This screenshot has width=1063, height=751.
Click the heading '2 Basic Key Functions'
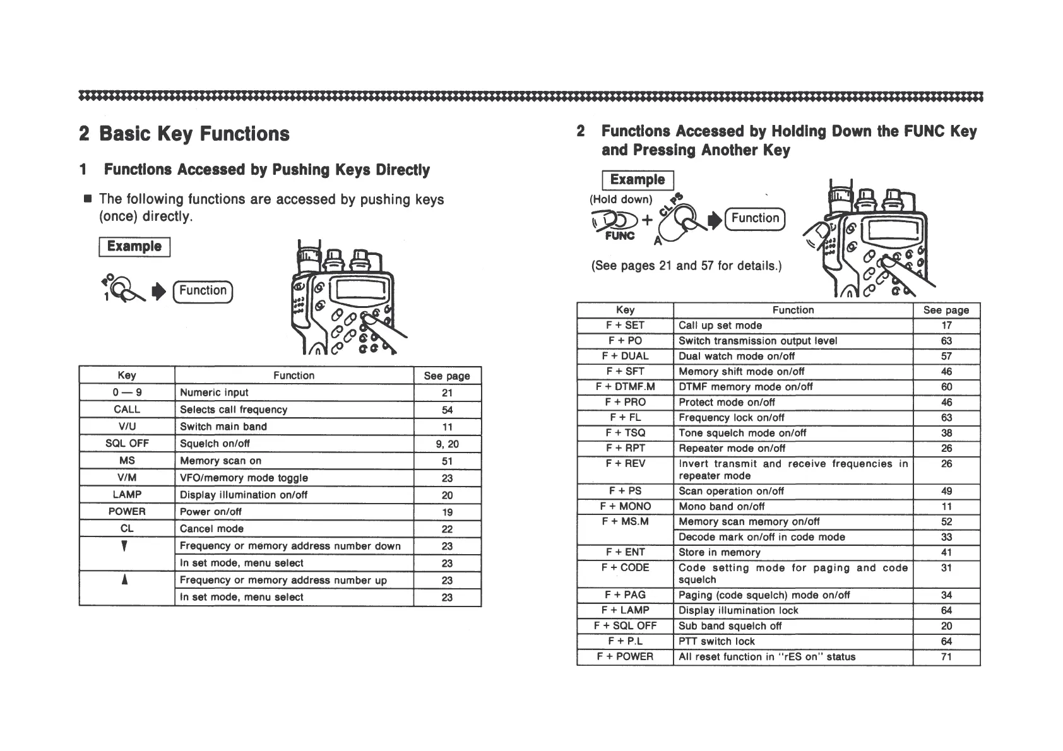[x=184, y=134]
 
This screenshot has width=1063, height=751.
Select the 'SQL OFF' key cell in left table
[x=127, y=444]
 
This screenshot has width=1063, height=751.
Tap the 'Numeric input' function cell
[x=214, y=393]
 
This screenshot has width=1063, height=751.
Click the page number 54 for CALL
[x=447, y=410]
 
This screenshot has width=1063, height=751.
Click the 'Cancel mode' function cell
[x=211, y=529]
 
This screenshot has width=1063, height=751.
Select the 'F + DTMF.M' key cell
[x=625, y=387]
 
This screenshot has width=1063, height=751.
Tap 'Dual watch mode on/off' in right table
[x=737, y=356]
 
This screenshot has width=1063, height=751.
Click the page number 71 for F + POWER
[x=946, y=657]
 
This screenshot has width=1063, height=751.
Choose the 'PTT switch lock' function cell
[x=716, y=641]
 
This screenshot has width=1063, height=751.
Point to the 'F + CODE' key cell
[x=625, y=568]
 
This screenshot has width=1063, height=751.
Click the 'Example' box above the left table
[x=134, y=247]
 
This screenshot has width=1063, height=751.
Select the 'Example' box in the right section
[x=638, y=180]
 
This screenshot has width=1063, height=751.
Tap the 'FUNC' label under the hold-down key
[x=619, y=236]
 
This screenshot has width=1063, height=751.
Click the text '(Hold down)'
[x=621, y=199]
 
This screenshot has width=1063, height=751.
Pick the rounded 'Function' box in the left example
[x=203, y=291]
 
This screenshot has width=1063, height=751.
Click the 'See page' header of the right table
[x=946, y=310]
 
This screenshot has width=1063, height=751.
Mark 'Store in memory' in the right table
[x=719, y=553]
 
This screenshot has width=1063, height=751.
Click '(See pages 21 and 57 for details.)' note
[x=686, y=266]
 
